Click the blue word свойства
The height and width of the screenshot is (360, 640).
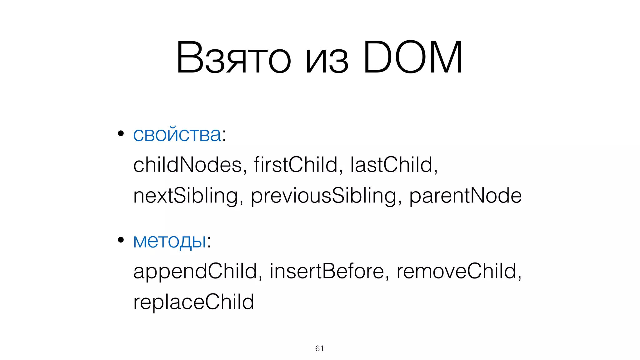177,135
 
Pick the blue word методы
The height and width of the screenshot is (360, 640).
170,241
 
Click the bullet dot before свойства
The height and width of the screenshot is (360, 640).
121,134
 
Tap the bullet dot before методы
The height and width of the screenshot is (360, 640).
121,240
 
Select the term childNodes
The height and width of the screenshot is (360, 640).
187,165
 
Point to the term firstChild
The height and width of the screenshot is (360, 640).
296,165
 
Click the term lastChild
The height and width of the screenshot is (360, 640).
391,165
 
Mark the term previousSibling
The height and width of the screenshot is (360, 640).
323,196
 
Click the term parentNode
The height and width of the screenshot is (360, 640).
465,196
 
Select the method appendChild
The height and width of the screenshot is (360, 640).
195,271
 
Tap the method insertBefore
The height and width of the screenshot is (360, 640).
327,271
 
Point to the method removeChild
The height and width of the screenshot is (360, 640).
456,271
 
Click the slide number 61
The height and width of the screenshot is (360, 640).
319,348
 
